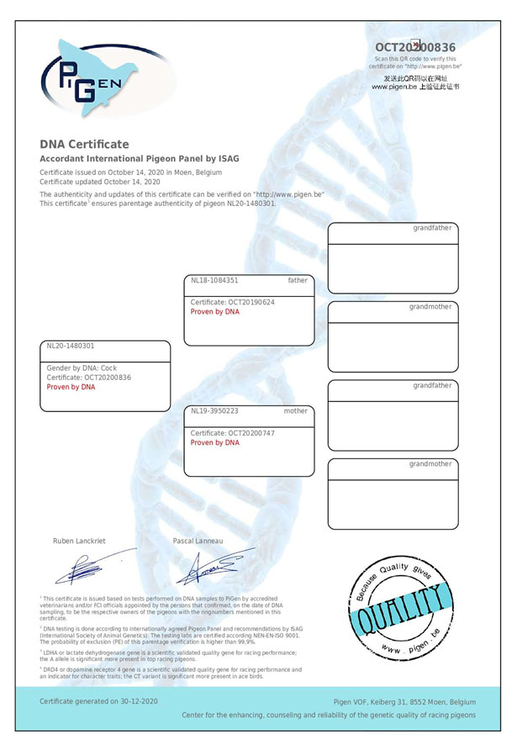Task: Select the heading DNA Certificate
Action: pyautogui.click(x=84, y=144)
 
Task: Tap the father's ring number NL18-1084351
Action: pyautogui.click(x=214, y=281)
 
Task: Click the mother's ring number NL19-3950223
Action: pyautogui.click(x=214, y=411)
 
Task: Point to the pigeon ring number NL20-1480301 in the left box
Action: pyautogui.click(x=71, y=346)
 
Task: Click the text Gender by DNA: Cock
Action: pyautogui.click(x=82, y=368)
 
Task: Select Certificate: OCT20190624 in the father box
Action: pyautogui.click(x=232, y=302)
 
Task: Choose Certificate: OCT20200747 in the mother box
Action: pyautogui.click(x=232, y=433)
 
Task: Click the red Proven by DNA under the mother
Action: pyautogui.click(x=214, y=442)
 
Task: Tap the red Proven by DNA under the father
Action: pyautogui.click(x=214, y=311)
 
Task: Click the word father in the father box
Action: pyautogui.click(x=298, y=281)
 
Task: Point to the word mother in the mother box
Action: pyautogui.click(x=296, y=411)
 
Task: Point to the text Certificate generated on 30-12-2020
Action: pyautogui.click(x=98, y=700)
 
